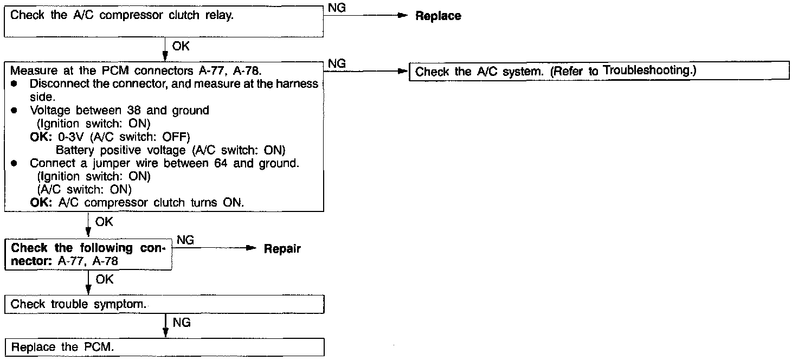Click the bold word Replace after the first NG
[438, 16]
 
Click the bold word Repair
[282, 249]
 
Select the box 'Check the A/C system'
[601, 71]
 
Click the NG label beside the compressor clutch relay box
[337, 9]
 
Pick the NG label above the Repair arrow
[185, 241]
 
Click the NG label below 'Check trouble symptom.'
[182, 323]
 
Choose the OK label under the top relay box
[181, 47]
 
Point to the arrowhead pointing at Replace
[402, 16]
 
